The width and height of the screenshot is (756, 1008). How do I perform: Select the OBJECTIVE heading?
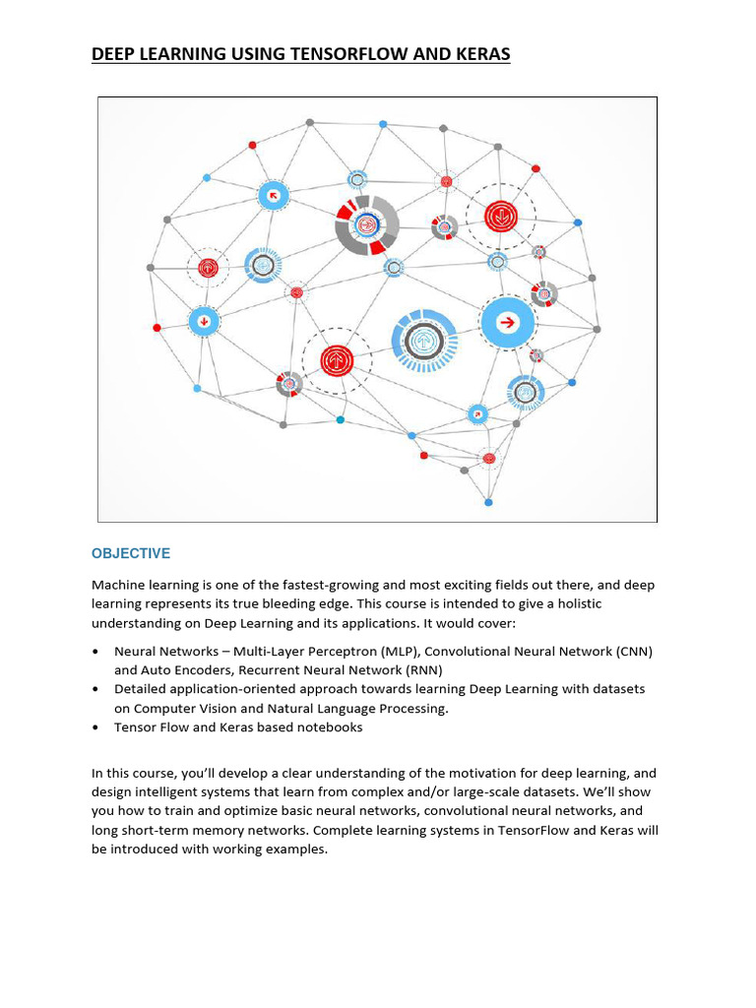click(131, 553)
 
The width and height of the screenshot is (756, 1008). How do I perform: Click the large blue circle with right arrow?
click(508, 322)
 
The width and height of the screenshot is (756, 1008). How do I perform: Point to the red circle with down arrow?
click(500, 216)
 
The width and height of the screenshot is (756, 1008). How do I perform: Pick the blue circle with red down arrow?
click(204, 321)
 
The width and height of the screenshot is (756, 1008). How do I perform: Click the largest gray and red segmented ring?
click(366, 225)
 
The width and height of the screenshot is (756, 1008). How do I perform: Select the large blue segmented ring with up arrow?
click(424, 341)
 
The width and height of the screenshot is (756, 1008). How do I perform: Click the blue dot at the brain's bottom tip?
click(488, 502)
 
